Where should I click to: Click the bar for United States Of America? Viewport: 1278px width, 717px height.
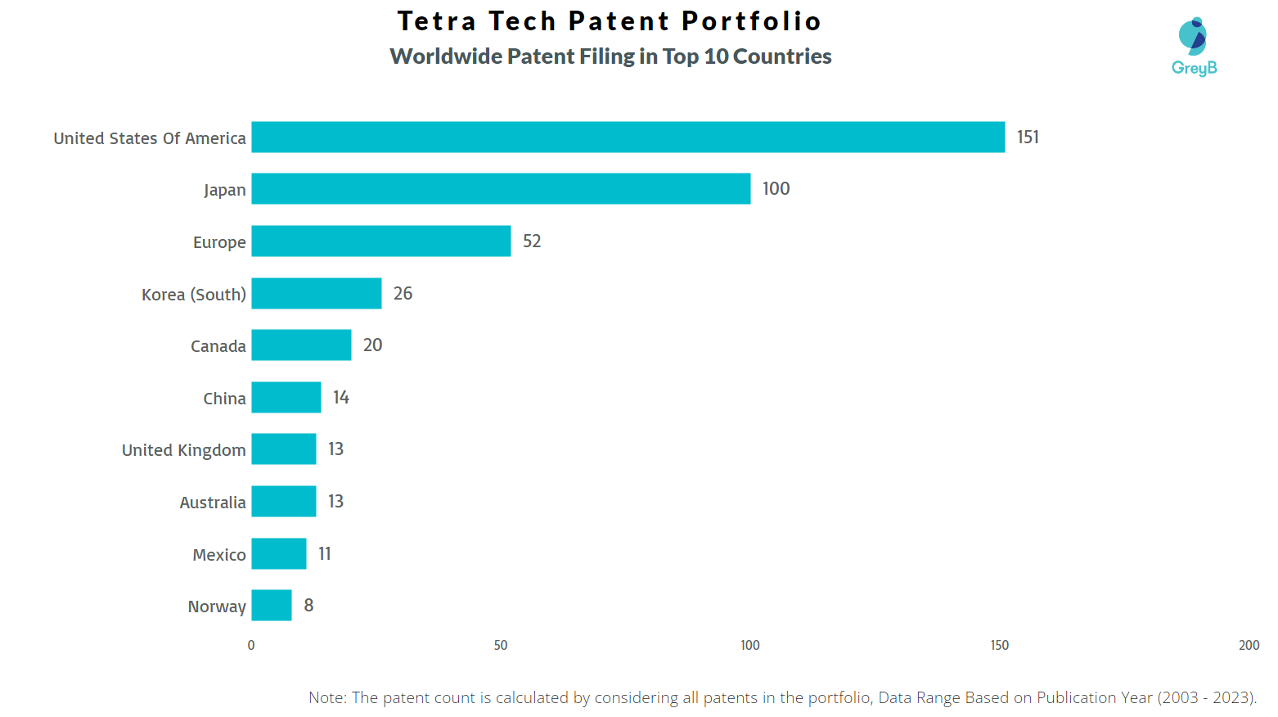[x=628, y=137]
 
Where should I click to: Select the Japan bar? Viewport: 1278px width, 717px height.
[x=501, y=188]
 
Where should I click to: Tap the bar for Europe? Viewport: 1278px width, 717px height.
[x=380, y=241]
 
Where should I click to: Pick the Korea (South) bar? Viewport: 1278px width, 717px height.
[x=316, y=293]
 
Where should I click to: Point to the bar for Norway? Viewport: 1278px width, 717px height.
[x=271, y=605]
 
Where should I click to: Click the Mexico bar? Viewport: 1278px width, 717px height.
[x=278, y=553]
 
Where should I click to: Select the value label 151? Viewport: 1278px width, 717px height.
[x=1028, y=138]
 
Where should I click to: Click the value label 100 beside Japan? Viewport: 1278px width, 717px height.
[x=776, y=189]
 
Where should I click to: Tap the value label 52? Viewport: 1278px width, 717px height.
[x=532, y=241]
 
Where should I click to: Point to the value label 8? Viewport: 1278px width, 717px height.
[x=308, y=606]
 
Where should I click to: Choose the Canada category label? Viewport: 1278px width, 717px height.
[x=218, y=346]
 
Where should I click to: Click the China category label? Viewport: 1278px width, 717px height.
[x=224, y=399]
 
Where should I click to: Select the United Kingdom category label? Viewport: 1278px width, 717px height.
[x=183, y=450]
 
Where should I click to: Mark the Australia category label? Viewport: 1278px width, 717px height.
[x=213, y=503]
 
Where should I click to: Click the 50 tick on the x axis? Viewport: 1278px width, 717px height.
[x=501, y=645]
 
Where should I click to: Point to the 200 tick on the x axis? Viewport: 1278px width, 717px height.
[x=1249, y=645]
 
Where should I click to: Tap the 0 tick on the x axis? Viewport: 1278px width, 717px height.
[x=251, y=645]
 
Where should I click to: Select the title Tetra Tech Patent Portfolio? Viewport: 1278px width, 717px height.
[x=610, y=21]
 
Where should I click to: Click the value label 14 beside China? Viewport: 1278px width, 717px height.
[x=341, y=398]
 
